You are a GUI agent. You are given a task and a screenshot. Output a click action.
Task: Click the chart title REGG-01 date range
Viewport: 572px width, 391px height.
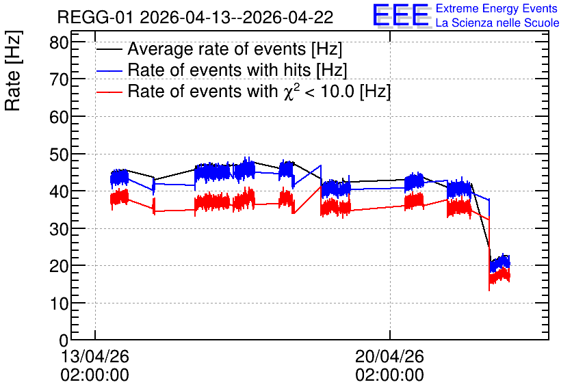click(195, 17)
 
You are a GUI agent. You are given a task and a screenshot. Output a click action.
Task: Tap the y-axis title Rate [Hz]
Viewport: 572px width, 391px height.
click(13, 70)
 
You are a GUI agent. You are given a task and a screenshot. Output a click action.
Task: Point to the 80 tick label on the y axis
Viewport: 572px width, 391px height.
click(59, 42)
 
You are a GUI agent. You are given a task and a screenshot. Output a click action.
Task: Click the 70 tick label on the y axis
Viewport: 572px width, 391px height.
click(59, 79)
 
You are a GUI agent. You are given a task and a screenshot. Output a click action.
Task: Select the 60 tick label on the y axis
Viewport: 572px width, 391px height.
click(59, 117)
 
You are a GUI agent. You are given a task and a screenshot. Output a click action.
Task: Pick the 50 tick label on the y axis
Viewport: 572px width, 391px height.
click(59, 154)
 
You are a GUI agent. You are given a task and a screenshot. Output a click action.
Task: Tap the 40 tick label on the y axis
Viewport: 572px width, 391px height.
click(59, 191)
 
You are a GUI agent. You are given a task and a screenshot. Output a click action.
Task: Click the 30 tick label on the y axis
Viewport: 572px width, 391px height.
click(59, 229)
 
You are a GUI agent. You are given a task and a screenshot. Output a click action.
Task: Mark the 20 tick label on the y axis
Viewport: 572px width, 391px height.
click(59, 267)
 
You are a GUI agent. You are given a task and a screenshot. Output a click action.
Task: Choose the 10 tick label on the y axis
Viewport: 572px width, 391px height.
click(59, 304)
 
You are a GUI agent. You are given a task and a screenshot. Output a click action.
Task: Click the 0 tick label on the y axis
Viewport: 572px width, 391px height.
click(64, 341)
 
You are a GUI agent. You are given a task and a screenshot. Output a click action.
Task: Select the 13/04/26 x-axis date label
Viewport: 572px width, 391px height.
click(95, 356)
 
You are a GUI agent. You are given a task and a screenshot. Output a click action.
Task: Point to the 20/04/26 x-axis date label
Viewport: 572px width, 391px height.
click(389, 356)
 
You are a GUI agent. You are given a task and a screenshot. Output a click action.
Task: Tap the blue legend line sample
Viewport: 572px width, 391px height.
click(109, 71)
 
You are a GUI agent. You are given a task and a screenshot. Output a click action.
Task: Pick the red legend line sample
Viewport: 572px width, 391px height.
click(109, 92)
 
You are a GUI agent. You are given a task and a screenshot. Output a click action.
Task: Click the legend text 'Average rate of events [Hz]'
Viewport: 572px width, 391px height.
click(235, 49)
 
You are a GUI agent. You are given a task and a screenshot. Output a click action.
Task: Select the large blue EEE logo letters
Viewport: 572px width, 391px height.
click(401, 15)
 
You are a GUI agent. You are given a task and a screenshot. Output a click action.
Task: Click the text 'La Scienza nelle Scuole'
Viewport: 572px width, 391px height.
click(497, 23)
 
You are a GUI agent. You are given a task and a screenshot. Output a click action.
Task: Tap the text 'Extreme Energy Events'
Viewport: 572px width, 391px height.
click(497, 8)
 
